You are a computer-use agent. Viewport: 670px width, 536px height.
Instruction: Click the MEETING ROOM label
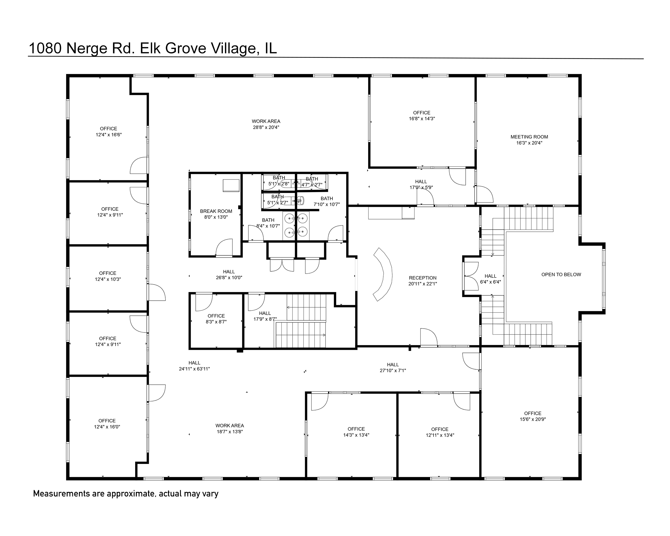[x=529, y=137]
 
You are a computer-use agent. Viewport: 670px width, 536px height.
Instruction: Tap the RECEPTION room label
[x=423, y=278]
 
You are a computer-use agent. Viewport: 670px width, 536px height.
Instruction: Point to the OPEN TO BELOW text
[x=561, y=274]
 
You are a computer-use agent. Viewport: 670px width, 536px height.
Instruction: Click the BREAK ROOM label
[x=216, y=211]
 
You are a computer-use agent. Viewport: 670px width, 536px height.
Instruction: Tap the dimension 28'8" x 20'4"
[x=266, y=127]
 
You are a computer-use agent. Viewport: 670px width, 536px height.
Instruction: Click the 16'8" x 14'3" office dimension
[x=422, y=118]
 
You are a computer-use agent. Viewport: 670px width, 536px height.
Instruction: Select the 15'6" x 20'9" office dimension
[x=533, y=419]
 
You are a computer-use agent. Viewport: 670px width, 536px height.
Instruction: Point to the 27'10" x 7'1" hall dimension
[x=393, y=370]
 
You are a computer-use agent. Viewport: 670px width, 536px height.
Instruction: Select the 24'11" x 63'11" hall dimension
[x=194, y=369]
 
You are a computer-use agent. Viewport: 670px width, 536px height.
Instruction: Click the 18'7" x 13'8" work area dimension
[x=230, y=432]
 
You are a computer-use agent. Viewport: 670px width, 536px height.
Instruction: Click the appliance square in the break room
[x=231, y=185]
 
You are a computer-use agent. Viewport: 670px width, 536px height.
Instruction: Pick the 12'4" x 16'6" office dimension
[x=108, y=135]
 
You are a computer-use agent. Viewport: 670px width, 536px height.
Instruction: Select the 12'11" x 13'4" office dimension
[x=440, y=435]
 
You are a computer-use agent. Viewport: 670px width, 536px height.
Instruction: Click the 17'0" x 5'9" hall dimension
[x=421, y=187]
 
